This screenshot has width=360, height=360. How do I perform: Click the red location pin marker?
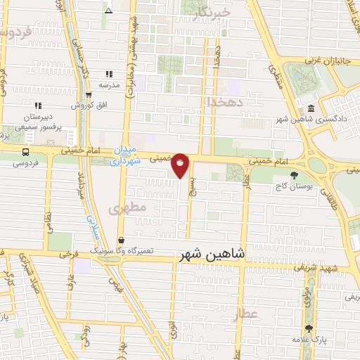pos(181,165)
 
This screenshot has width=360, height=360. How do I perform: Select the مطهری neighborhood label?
pos(128,209)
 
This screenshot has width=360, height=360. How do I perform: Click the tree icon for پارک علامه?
pos(308,328)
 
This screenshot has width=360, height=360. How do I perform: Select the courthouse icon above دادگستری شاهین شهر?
pos(311,108)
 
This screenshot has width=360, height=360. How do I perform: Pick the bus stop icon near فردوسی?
pos(26,152)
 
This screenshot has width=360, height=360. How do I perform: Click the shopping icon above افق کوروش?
pos(89,95)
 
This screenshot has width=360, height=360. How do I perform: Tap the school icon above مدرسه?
pos(109,74)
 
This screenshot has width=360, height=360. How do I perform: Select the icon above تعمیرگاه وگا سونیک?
pos(121,240)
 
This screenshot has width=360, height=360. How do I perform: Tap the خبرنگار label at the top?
pos(211,13)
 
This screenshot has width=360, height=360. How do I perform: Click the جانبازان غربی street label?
pos(324,61)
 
